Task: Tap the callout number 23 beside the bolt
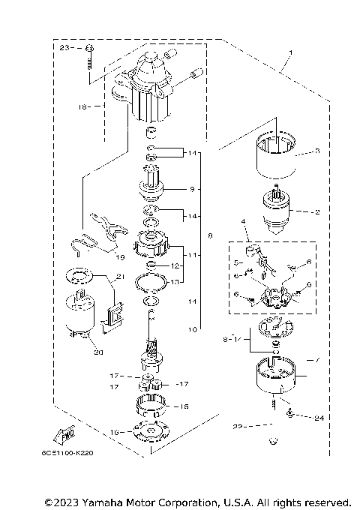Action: pyautogui.click(x=64, y=47)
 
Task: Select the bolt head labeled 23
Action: pyautogui.click(x=89, y=49)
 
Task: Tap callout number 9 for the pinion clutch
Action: pyautogui.click(x=191, y=188)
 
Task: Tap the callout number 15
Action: pyautogui.click(x=183, y=406)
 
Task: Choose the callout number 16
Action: pyautogui.click(x=114, y=433)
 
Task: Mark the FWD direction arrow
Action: pyautogui.click(x=64, y=435)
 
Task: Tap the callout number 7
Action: pyautogui.click(x=316, y=360)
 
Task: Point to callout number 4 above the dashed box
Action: pyautogui.click(x=244, y=221)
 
